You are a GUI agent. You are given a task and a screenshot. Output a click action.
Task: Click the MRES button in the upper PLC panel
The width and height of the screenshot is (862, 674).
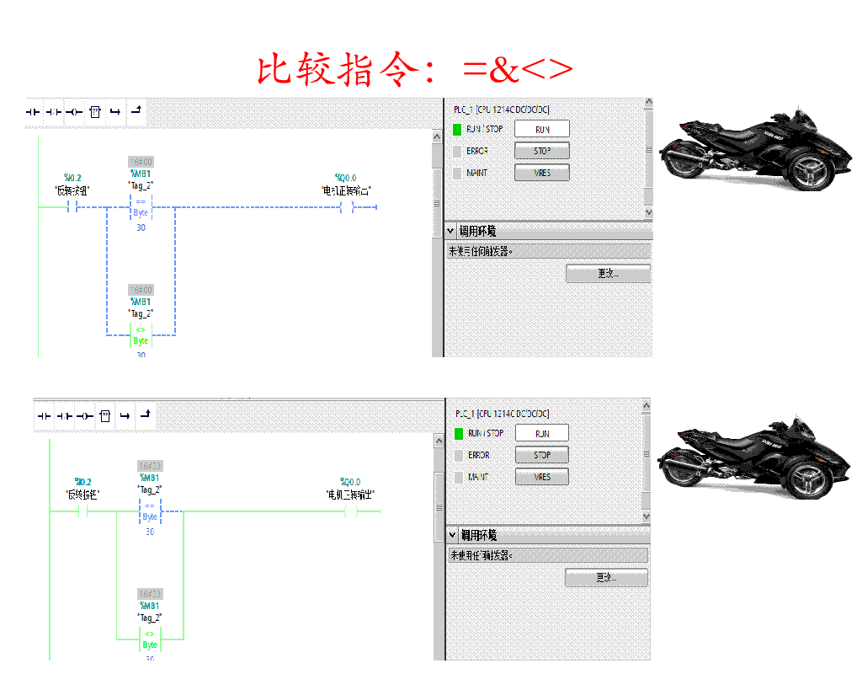542,173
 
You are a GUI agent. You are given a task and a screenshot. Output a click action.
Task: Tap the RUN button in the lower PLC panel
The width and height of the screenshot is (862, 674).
542,433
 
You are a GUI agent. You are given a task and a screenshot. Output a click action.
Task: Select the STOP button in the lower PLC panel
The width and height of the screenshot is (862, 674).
542,455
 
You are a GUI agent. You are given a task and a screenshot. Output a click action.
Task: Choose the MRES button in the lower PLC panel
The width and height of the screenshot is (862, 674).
542,477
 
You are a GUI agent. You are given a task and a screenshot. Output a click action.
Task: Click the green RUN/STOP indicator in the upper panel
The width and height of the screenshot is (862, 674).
457,130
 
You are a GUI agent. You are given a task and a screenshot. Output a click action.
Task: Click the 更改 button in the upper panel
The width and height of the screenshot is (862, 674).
608,274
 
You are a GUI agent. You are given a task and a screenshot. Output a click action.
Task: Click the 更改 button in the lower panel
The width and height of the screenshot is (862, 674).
606,578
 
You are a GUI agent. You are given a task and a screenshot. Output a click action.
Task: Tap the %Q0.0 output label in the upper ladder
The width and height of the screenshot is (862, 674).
346,178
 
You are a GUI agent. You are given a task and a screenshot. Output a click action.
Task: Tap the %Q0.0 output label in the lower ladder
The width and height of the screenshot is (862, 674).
350,482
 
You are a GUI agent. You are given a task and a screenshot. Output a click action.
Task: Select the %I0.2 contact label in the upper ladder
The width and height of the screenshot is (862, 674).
72,178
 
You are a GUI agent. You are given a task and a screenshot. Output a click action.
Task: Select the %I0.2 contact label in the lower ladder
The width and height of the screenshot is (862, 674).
82,482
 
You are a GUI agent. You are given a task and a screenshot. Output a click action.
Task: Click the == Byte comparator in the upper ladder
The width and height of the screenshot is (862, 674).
141,207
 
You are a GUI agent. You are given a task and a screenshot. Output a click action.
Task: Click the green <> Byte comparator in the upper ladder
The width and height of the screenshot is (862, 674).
141,335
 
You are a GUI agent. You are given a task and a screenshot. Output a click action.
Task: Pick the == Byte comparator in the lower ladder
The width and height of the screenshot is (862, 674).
150,511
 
